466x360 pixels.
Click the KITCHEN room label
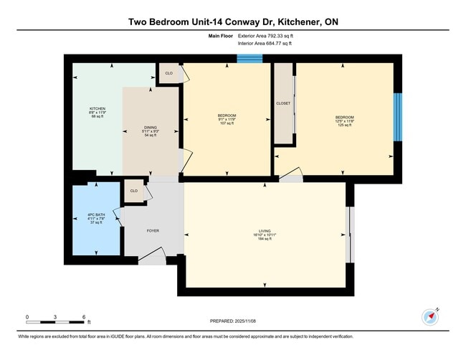98,109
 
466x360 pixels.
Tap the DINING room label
151,128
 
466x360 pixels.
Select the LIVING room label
265,230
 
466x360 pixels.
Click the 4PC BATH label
95,214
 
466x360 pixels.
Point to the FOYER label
153,230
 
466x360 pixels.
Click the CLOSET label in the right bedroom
283,103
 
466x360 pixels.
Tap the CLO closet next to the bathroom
133,191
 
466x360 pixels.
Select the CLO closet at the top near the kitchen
169,73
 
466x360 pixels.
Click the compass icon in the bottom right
429,316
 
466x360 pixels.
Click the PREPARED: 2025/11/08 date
233,321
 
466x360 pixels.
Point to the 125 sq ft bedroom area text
344,125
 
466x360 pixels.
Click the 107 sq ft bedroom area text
227,124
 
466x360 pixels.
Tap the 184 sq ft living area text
265,239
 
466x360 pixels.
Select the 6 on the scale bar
84,316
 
